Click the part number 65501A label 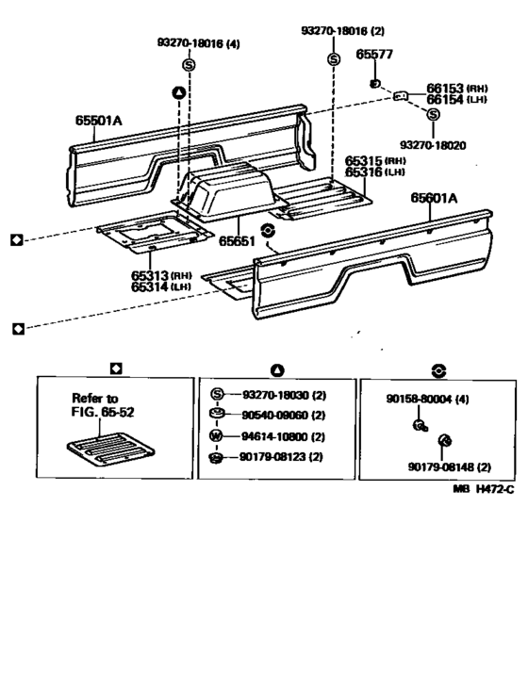(x=100, y=120)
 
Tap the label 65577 (x=373, y=54)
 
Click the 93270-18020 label (x=433, y=144)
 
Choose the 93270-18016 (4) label (x=198, y=43)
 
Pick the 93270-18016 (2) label (x=343, y=31)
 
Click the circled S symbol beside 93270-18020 (x=433, y=115)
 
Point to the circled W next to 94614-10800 (x=216, y=436)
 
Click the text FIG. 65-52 (x=104, y=413)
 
